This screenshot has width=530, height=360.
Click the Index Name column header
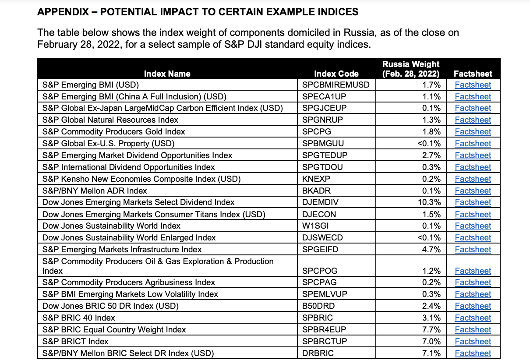pos(167,74)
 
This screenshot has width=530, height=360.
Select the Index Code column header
pos(336,74)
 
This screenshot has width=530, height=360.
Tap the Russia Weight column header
pos(411,69)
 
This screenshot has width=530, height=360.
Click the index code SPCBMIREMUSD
pos(336,85)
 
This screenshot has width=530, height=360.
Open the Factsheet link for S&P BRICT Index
pos(473,342)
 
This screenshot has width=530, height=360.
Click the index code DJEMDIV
pos(320,202)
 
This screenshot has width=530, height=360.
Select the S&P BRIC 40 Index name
pos(79,318)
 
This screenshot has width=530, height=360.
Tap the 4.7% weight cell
pos(433,250)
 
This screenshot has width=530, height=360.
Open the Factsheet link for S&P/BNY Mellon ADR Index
pos(473,191)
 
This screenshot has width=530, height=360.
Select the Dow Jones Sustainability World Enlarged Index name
pos(129,238)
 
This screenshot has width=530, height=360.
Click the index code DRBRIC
pos(318,353)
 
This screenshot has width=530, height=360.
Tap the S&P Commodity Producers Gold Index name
pos(113,131)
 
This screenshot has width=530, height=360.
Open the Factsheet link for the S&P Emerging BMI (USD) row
pos(473,85)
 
